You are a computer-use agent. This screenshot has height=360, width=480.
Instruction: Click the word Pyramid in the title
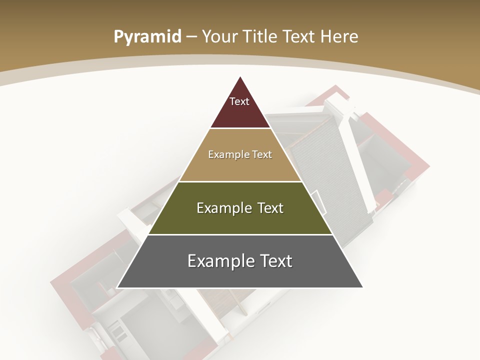point(147,36)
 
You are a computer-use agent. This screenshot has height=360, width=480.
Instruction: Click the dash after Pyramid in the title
point(191,37)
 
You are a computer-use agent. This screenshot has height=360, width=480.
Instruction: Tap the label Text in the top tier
point(239,101)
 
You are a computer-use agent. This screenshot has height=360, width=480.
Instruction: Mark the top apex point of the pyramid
point(240,76)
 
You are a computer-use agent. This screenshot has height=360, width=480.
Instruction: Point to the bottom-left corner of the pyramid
point(117,287)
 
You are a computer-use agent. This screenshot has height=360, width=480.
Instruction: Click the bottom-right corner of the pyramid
point(363,287)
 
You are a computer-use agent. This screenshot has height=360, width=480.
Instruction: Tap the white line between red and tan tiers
point(240,128)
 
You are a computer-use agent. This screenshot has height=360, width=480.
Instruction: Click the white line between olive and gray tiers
point(240,234)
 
